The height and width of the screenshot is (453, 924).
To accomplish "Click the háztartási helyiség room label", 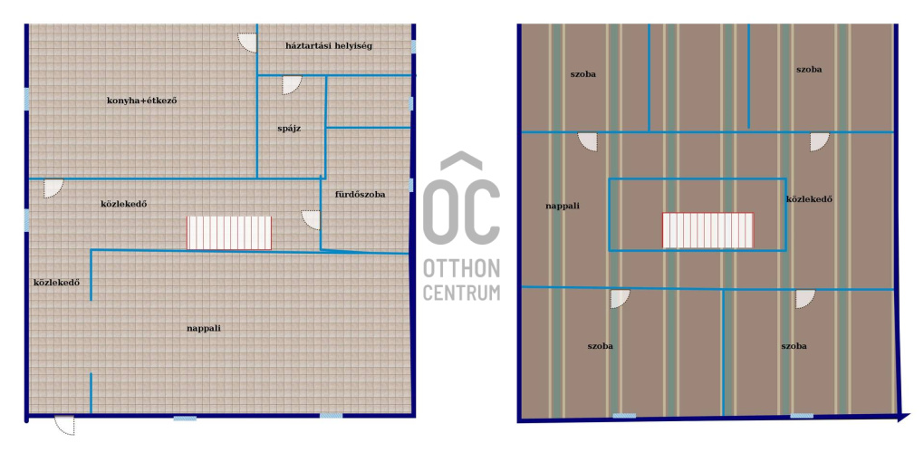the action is (328, 46).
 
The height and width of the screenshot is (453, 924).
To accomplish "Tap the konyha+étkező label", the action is (142, 101).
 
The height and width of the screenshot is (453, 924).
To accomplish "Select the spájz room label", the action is (289, 128).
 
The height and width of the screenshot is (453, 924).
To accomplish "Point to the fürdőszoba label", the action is (360, 195).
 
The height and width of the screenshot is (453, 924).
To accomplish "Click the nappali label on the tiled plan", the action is (204, 328).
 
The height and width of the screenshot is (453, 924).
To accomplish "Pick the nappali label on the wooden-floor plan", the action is (563, 206).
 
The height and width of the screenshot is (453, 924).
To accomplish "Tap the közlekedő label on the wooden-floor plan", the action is (809, 199).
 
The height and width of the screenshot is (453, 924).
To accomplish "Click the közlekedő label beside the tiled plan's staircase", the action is (124, 204).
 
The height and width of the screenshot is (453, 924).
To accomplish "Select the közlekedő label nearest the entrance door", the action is (56, 282).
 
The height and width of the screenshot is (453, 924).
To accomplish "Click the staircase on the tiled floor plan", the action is (229, 233).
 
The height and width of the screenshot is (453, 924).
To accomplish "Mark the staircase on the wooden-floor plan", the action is (707, 230).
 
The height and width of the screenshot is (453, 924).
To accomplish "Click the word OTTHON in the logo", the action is (461, 269).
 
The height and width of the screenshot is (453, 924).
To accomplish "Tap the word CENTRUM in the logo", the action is (461, 292).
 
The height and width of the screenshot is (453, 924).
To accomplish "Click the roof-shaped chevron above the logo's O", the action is (461, 161).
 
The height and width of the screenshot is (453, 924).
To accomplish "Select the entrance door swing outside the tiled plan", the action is (65, 425).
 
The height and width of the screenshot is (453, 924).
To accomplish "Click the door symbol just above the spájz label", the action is (291, 85).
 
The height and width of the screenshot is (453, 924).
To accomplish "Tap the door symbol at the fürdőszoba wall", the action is (311, 220).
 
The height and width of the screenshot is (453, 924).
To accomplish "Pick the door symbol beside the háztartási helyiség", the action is (247, 43).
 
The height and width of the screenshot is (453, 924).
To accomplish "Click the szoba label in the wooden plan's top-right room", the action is (809, 70).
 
